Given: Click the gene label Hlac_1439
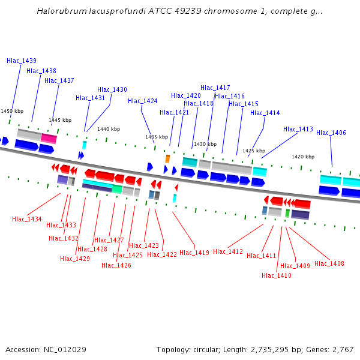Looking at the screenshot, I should tap(22, 61).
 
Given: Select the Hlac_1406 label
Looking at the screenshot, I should tap(331, 133).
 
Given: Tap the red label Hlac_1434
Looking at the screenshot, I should tap(27, 219).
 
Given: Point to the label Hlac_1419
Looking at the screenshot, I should tap(194, 253).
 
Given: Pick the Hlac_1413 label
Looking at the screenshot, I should tap(298, 129).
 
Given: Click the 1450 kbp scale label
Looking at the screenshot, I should tap(12, 111).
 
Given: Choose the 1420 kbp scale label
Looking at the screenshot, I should tap(303, 157).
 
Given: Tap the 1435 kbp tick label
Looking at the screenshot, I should tap(156, 137).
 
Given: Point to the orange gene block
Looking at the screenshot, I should tap(167, 158).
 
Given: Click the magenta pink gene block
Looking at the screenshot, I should tap(49, 139).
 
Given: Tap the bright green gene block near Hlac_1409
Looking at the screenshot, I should tap(287, 213).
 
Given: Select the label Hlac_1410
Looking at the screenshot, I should tap(277, 275).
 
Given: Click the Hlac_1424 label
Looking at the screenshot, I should tap(143, 101).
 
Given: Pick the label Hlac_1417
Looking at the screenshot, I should tap(215, 88).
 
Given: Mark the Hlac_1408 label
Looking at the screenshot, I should tap(329, 263).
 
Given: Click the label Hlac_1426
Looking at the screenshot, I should tap(116, 265).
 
